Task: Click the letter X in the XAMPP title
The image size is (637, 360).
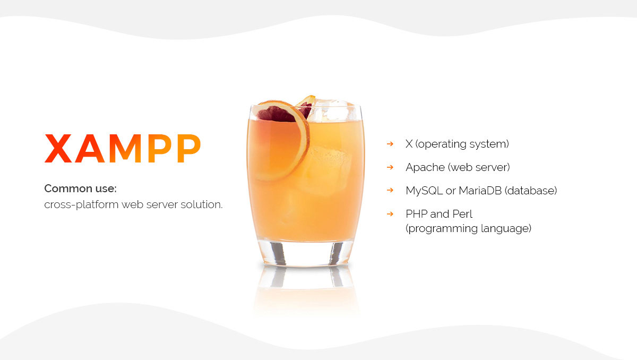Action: pos(58,148)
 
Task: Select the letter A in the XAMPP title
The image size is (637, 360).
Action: pos(90,148)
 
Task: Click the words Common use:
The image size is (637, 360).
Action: pos(81,188)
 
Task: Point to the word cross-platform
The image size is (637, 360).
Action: pos(81,205)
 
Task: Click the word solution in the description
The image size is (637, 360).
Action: pos(201,204)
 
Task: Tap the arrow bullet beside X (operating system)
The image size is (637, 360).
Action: pos(390,144)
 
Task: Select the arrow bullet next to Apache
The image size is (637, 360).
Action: pos(390,167)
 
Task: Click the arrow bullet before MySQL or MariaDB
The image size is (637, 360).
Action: pos(390,190)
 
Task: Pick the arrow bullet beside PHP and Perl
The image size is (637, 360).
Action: pos(390,214)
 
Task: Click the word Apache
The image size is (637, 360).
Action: pos(425,167)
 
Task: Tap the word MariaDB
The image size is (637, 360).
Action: pos(480,191)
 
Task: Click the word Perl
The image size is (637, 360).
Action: pos(462,214)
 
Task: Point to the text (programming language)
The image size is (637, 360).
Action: pos(469,229)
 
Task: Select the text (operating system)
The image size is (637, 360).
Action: pos(462,144)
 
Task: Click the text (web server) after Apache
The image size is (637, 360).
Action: pos(479,167)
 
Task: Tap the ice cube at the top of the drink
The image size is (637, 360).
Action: pos(331,110)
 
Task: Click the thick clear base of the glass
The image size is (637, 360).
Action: pos(305,253)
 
